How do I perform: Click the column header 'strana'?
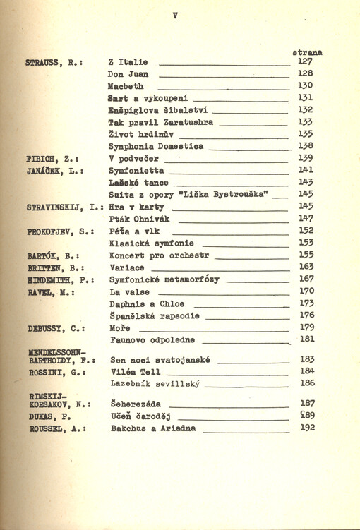coord(306,52)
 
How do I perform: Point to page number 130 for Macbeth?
coord(305,85)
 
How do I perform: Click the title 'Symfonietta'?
coord(136,171)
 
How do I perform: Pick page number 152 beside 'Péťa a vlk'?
coord(306,231)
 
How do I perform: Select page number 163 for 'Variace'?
coord(306,267)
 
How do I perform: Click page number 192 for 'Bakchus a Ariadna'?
coord(306,427)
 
